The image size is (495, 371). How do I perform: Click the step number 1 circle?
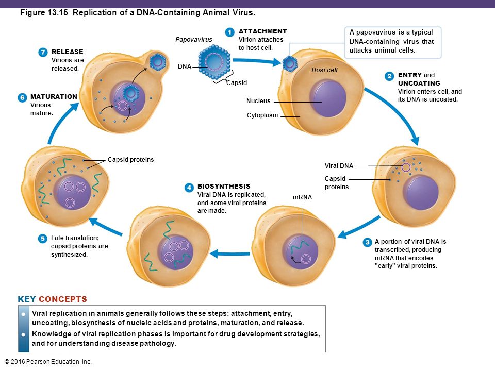(x=230, y=32)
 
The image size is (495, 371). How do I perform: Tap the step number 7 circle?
(x=43, y=52)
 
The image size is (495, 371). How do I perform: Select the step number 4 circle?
(x=189, y=188)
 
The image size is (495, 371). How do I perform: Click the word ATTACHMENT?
(x=262, y=31)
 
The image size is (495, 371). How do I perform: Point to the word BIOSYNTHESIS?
(x=224, y=186)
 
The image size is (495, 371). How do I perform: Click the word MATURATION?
(x=54, y=96)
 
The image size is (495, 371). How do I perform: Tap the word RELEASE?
(x=67, y=52)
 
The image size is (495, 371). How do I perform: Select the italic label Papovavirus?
(x=193, y=40)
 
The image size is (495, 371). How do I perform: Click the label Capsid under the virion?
(x=237, y=83)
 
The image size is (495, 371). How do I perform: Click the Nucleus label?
(x=258, y=102)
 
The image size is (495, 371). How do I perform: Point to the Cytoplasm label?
(x=262, y=115)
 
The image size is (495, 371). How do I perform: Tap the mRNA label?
(x=302, y=197)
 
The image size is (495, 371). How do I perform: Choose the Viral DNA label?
(x=339, y=166)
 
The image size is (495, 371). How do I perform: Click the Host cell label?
(x=324, y=70)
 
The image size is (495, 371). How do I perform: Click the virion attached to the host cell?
(x=290, y=64)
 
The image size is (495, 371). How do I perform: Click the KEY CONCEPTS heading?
(x=52, y=299)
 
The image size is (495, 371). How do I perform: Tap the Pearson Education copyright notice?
(x=47, y=362)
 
